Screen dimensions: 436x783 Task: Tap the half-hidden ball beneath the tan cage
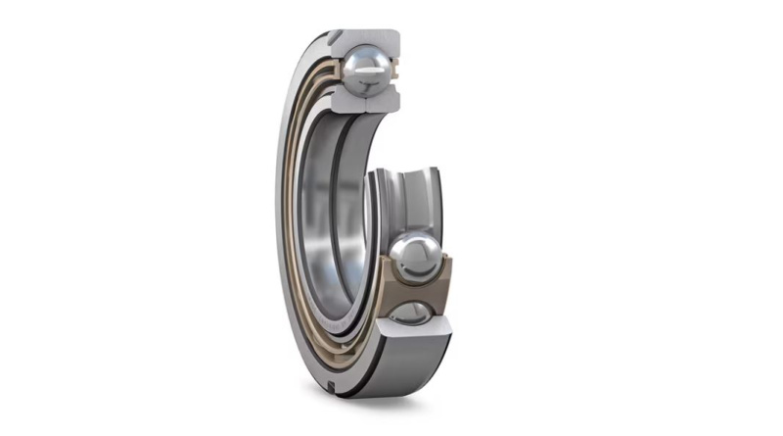click(412, 313)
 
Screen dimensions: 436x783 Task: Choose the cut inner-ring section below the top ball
click(364, 98)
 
